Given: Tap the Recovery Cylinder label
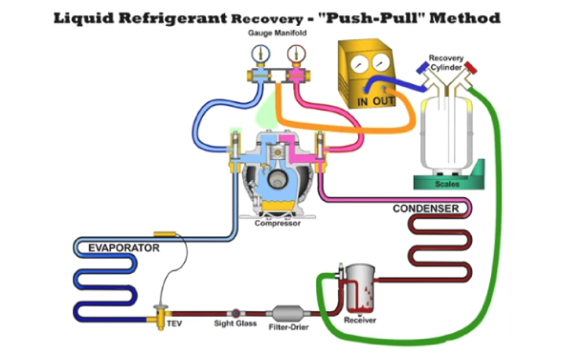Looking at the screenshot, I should click(446, 63).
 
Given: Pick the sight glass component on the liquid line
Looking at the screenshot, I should click(234, 313).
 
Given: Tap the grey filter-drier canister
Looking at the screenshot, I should click(286, 313).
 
